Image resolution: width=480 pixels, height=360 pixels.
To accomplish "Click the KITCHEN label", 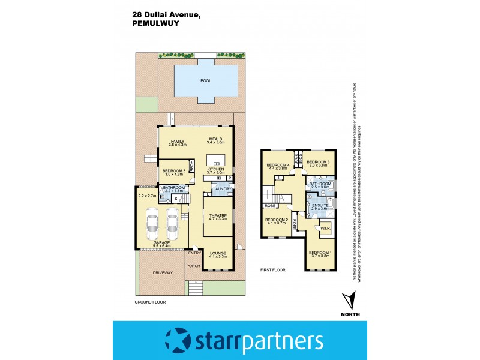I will point(215,170).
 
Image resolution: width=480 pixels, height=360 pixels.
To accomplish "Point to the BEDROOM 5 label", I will point(175,170).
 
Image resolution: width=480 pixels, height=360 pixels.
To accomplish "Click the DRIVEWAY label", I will point(162,272).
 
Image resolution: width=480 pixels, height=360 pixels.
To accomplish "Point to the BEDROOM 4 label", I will point(278,165).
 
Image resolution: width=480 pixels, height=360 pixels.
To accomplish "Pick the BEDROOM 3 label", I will point(319,162).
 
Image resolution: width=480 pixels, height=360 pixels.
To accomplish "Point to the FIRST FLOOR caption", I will point(272,271).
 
